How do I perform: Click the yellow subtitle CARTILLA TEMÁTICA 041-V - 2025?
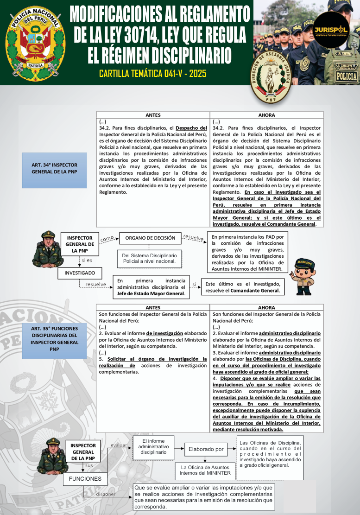click(x=152, y=74)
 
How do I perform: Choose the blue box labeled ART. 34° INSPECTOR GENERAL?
click(x=54, y=168)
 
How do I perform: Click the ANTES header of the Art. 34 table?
click(x=153, y=115)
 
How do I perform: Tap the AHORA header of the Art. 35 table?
click(x=266, y=307)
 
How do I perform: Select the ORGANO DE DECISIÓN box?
click(x=150, y=238)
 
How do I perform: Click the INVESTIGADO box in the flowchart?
click(x=80, y=273)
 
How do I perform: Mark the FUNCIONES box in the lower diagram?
click(x=85, y=478)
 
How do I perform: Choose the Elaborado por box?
click(x=206, y=449)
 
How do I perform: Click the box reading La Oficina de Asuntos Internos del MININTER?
click(x=206, y=470)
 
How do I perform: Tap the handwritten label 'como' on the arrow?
click(x=107, y=238)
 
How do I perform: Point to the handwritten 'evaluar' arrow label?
click(x=119, y=445)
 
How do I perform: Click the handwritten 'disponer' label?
click(x=106, y=494)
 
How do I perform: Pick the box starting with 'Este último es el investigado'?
click(x=243, y=287)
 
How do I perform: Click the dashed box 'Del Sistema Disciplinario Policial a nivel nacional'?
click(x=149, y=258)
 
